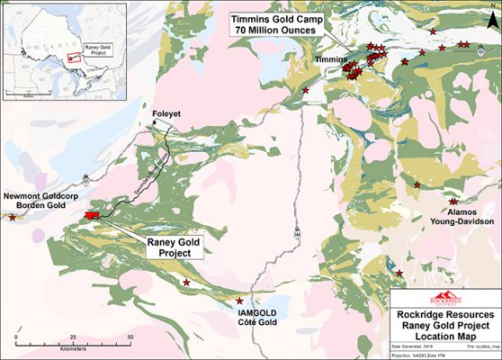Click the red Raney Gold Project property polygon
[x=91, y=215]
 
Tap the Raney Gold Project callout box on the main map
[x=170, y=247]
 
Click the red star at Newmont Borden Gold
[x=12, y=217]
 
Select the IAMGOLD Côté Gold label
[x=240, y=316]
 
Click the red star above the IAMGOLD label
[x=239, y=301]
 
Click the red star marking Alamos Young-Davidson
[x=453, y=202]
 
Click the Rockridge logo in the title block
[x=444, y=299]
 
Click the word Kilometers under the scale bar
[x=74, y=346]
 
